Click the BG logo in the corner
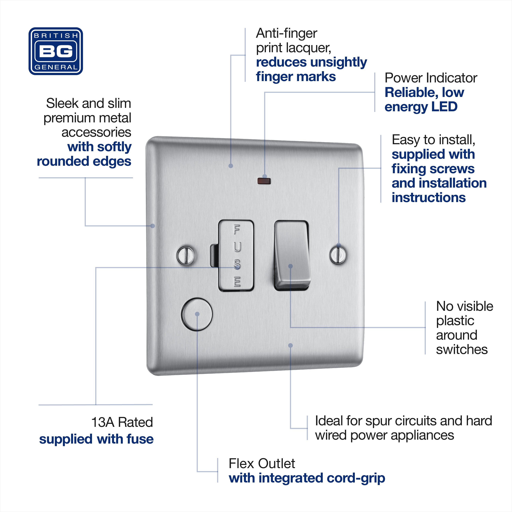click(56, 51)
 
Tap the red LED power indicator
click(264, 181)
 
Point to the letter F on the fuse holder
click(237, 230)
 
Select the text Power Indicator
click(431, 78)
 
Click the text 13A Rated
click(122, 422)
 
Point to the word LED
click(444, 107)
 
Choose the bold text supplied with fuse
click(96, 439)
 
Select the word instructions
click(429, 198)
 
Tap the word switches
click(462, 350)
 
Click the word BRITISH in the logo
click(56, 35)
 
